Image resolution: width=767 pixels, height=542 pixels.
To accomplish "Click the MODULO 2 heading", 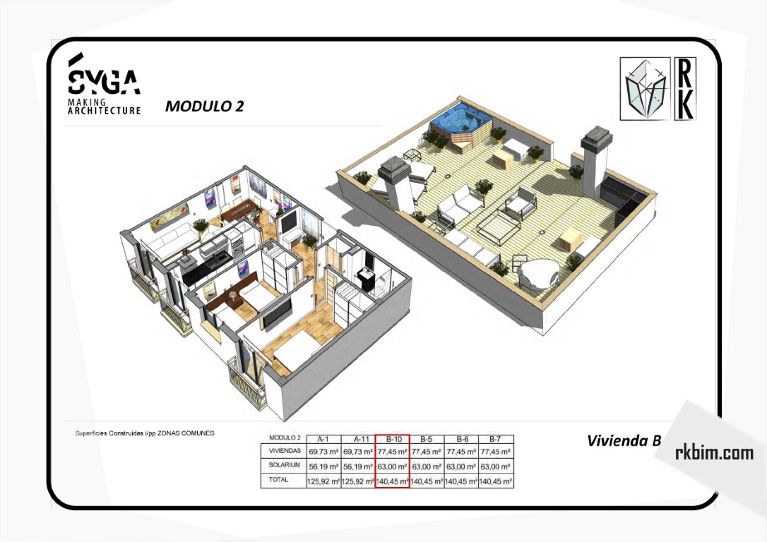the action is click(x=205, y=106).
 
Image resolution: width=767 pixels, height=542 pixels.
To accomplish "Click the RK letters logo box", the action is click(x=685, y=88).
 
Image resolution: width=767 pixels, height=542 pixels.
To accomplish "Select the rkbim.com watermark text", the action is click(x=714, y=453).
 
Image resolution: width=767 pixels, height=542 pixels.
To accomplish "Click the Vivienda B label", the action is click(x=624, y=440).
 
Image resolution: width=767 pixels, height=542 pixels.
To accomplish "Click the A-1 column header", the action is click(x=323, y=439).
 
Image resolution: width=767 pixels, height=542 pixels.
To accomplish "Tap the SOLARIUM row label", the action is click(x=284, y=465).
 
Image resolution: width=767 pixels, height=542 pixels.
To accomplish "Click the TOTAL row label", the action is click(x=278, y=480).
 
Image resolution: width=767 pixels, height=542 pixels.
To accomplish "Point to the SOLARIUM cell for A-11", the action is click(x=358, y=466).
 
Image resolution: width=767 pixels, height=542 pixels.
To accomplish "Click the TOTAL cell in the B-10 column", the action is click(x=392, y=481).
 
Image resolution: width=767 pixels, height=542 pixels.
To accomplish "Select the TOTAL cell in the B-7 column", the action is click(x=496, y=481).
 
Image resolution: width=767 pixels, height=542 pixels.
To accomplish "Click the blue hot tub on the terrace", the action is click(x=460, y=120).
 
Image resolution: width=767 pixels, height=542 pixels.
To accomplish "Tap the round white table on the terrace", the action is click(x=537, y=272).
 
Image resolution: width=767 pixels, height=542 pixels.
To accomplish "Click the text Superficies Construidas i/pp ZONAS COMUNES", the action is click(x=145, y=433).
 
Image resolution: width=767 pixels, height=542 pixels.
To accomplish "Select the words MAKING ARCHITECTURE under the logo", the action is click(x=104, y=107).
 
